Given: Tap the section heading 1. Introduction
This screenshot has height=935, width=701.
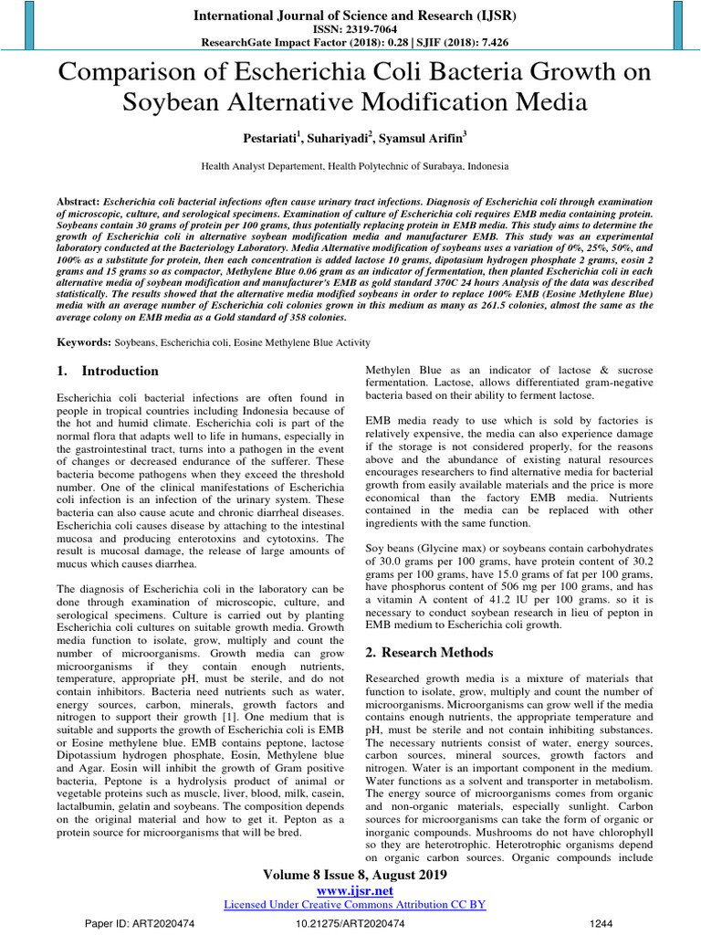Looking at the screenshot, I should pyautogui.click(x=108, y=372).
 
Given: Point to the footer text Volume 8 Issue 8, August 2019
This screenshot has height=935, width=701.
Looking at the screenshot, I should pyautogui.click(x=353, y=875).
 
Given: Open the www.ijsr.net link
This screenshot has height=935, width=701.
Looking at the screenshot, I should pyautogui.click(x=353, y=890).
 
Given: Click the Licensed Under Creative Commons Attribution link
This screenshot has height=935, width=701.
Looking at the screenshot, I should pyautogui.click(x=353, y=904).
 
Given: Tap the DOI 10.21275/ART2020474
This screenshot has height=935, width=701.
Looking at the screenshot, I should pyautogui.click(x=350, y=924).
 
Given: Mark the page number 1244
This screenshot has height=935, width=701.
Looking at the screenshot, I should pyautogui.click(x=601, y=924).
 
